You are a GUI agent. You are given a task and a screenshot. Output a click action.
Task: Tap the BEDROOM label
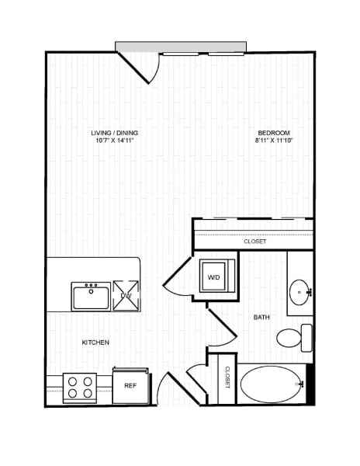[274, 134]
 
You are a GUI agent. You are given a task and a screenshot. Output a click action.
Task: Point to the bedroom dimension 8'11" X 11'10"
[274, 141]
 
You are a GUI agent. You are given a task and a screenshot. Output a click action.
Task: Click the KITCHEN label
[95, 343]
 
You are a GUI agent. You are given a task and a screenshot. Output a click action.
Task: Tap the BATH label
[261, 317]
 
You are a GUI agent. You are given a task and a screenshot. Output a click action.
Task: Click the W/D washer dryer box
[213, 276]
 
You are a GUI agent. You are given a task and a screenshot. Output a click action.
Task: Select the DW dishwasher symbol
[126, 294]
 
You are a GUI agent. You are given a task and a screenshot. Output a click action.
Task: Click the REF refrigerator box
[130, 384]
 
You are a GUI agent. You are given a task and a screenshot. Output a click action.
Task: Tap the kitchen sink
[91, 296]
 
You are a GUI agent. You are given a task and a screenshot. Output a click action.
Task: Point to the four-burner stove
[78, 386]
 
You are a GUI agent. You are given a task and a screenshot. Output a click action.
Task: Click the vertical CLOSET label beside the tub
[227, 377]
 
